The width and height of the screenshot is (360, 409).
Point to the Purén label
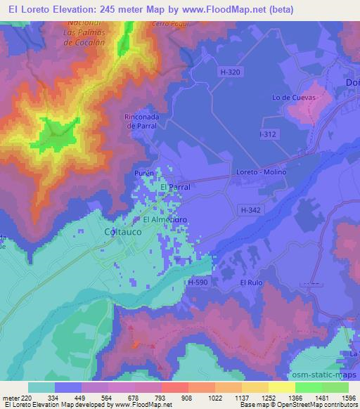[143, 172]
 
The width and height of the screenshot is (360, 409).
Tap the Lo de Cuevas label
[292, 98]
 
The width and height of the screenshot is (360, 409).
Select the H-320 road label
[230, 71]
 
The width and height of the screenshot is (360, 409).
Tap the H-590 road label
[198, 282]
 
